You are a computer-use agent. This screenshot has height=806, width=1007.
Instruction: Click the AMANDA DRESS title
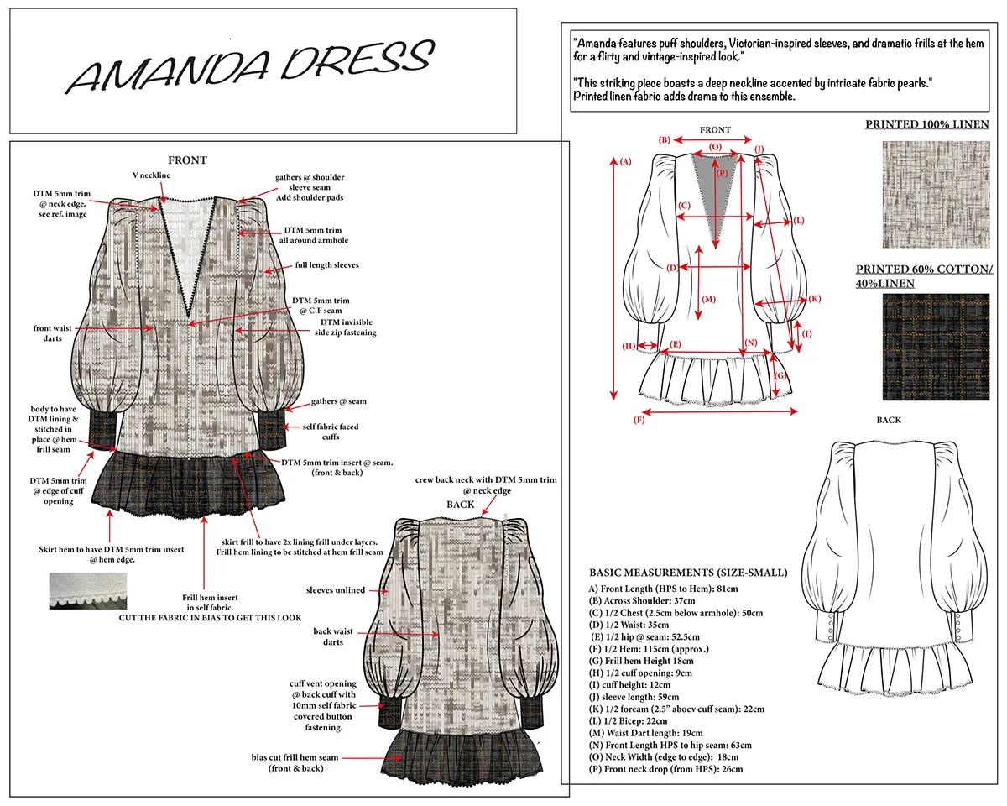[250, 65]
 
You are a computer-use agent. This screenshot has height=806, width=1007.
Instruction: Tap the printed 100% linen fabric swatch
[936, 194]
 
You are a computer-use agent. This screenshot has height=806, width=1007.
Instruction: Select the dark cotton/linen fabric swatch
[936, 347]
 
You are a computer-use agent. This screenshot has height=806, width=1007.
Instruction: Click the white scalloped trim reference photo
[88, 590]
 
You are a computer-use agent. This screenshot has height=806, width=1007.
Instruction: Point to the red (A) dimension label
[626, 161]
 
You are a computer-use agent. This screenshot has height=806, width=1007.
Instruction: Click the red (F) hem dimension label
[639, 420]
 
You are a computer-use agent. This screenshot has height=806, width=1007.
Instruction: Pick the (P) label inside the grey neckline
[722, 173]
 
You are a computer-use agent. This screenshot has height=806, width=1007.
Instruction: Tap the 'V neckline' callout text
[151, 175]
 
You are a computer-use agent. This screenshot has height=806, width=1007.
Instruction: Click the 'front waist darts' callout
[52, 333]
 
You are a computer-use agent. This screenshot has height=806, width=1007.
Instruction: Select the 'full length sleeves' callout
[326, 264]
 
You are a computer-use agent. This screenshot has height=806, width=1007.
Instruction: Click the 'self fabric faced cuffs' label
[331, 432]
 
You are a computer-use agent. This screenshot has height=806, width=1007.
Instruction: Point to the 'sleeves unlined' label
[336, 590]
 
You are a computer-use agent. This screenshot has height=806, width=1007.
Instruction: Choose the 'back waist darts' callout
[333, 636]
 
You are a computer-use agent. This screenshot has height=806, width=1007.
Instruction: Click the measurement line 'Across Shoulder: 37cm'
[642, 600]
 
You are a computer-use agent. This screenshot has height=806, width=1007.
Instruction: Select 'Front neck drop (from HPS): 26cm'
[665, 769]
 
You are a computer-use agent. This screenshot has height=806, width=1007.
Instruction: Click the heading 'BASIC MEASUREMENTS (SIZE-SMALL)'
[688, 573]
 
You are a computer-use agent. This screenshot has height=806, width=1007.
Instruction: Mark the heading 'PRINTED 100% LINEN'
[927, 124]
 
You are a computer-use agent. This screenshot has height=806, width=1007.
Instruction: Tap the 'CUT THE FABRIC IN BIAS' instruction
[210, 618]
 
